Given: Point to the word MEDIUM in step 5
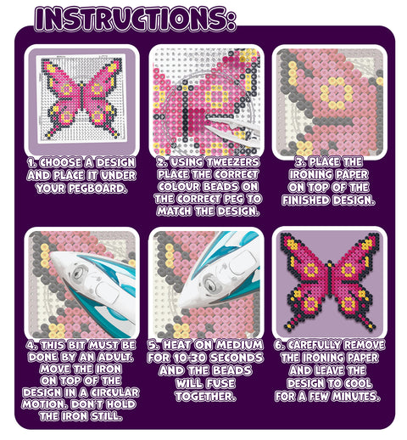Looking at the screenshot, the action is [x=240, y=345].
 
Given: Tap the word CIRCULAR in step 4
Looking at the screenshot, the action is [x=114, y=392].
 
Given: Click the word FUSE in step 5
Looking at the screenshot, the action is [x=220, y=383].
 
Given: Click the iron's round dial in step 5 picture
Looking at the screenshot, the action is [x=209, y=282].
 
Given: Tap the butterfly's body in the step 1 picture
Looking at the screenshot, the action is [x=81, y=96].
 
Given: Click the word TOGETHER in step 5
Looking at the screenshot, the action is [x=205, y=396].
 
